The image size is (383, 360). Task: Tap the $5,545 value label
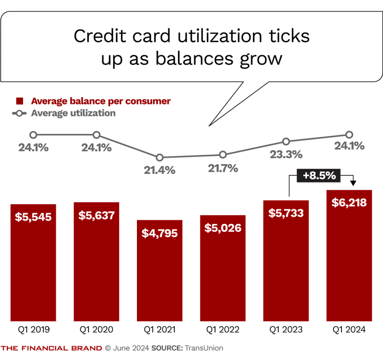33,217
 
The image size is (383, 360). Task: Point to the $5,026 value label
223,228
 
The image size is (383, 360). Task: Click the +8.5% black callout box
319,175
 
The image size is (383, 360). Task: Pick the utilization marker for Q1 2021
160,157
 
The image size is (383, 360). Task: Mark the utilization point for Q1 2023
286,141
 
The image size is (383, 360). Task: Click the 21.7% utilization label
223,168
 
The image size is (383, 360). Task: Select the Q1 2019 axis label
34,330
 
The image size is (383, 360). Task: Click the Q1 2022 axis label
223,330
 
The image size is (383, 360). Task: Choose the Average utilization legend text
73,113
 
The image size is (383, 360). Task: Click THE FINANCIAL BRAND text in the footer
51,348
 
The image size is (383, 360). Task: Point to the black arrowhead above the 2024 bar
353,184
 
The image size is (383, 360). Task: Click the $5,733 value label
286,213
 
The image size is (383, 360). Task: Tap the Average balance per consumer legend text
101,101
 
